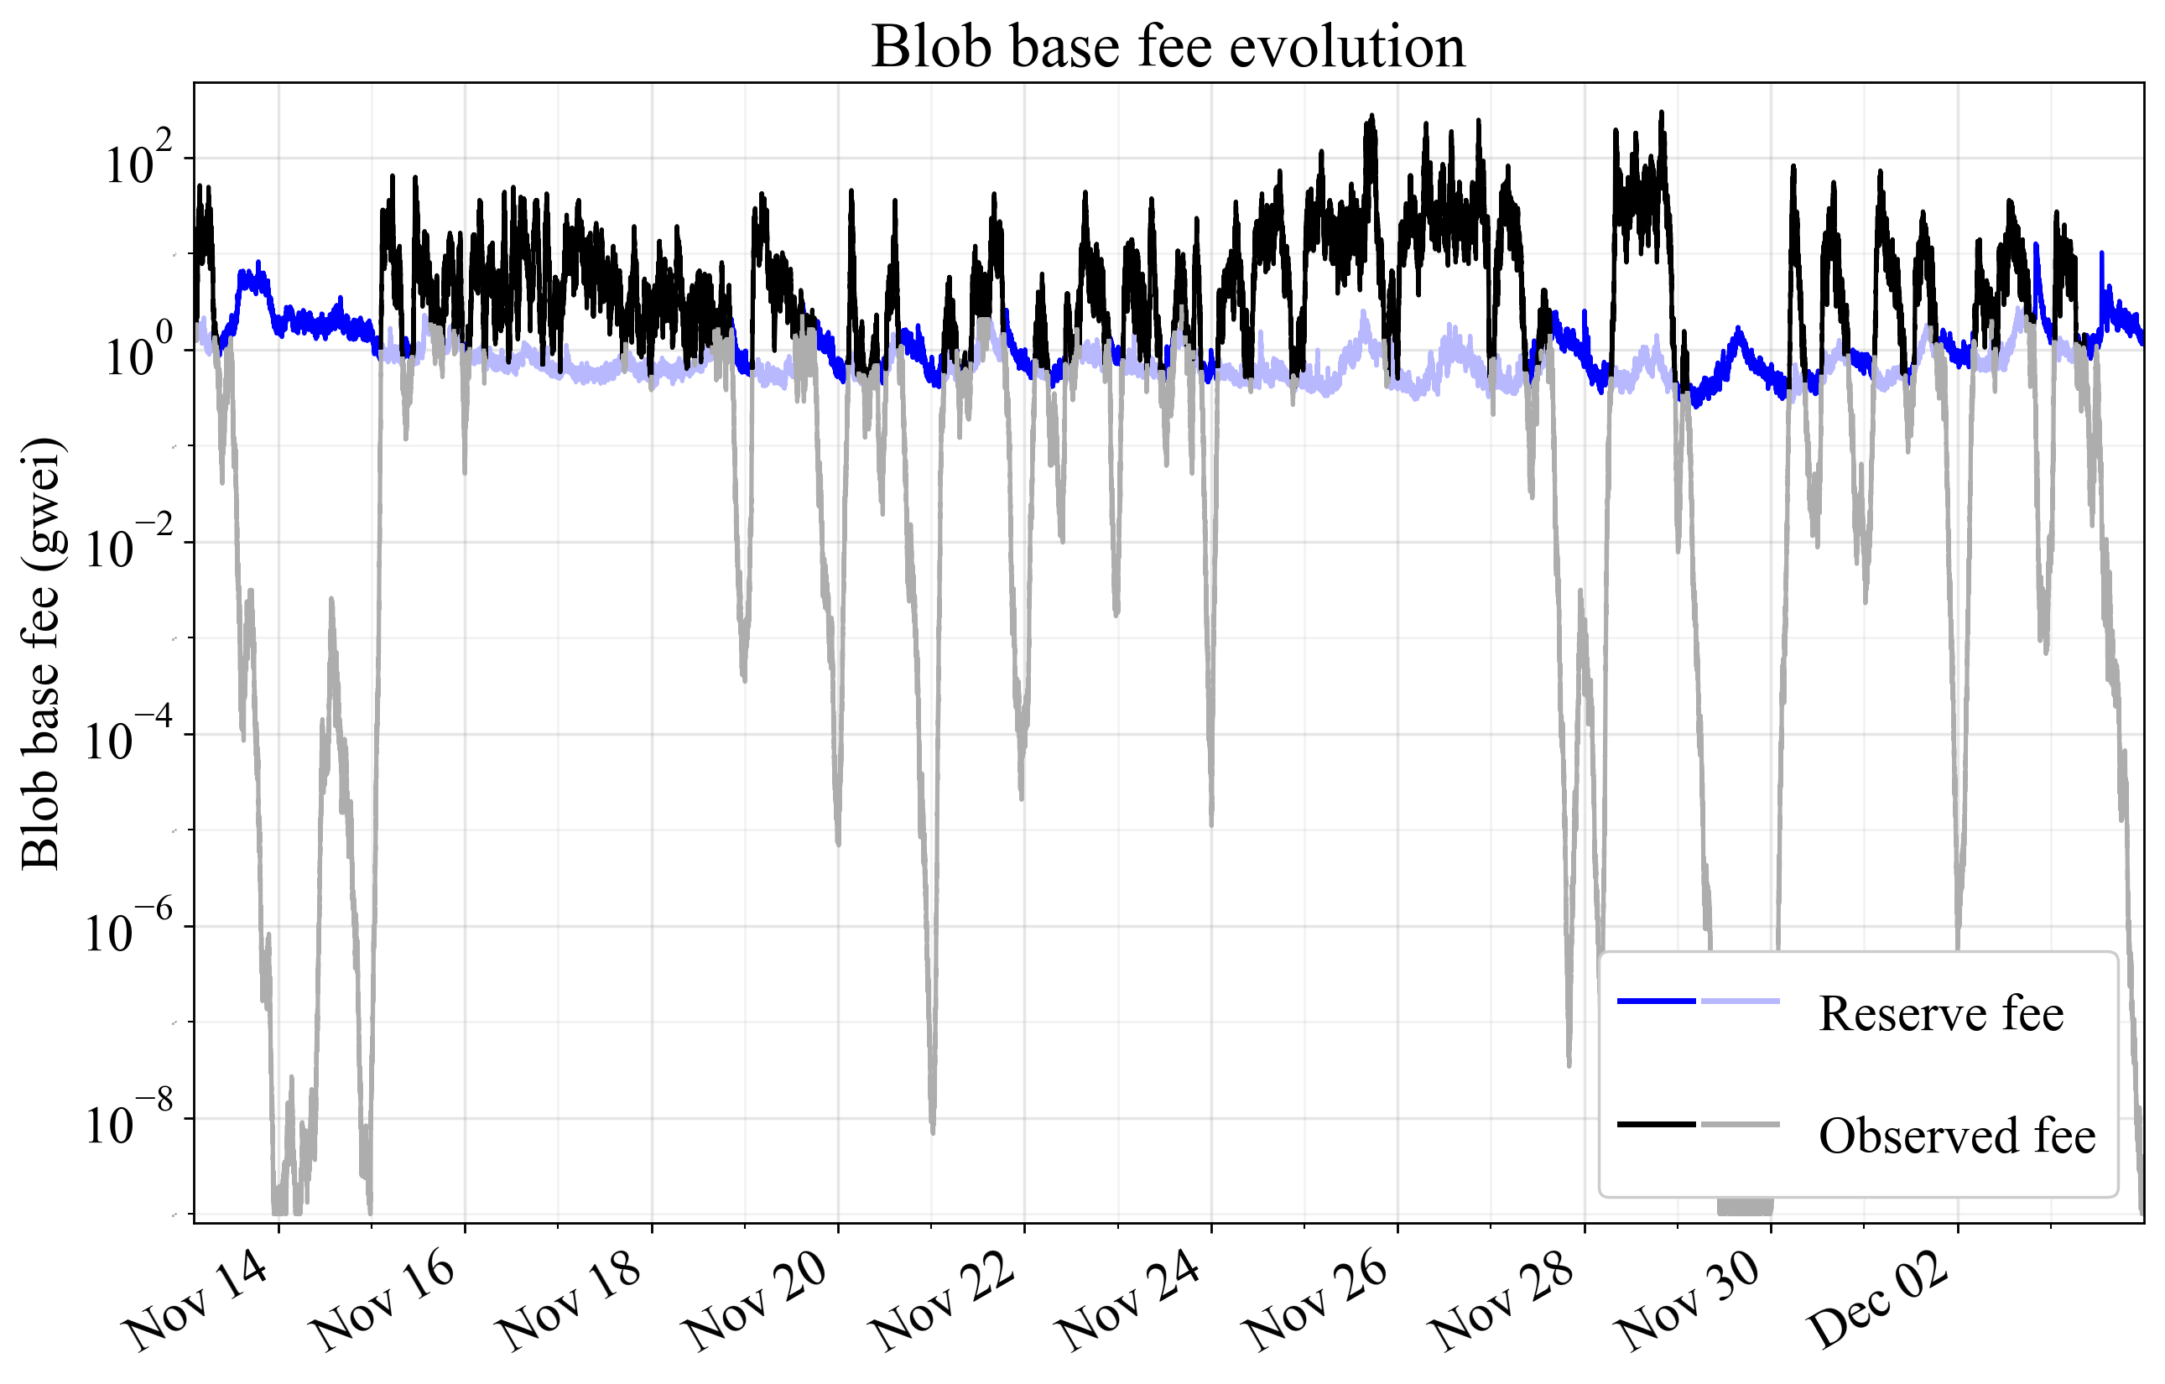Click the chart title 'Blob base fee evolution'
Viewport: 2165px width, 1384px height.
pyautogui.click(x=1168, y=47)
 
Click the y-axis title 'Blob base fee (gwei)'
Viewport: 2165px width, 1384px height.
pyautogui.click(x=40, y=653)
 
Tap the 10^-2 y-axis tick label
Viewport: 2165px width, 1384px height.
pyautogui.click(x=126, y=549)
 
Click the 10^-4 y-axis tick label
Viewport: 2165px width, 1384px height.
pyautogui.click(x=126, y=741)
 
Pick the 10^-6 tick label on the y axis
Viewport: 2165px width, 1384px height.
pyautogui.click(x=126, y=934)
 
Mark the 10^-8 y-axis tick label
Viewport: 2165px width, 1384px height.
pyautogui.click(x=126, y=1125)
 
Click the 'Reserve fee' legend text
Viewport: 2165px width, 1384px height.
pyautogui.click(x=1940, y=1014)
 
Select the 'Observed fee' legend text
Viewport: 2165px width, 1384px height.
pyautogui.click(x=1956, y=1136)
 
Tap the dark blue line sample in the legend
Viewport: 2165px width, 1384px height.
pyautogui.click(x=1656, y=1001)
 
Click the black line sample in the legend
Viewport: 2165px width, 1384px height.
pyautogui.click(x=1656, y=1124)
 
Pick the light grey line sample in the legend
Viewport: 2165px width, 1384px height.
pyautogui.click(x=1740, y=1124)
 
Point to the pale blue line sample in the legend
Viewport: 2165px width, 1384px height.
pyautogui.click(x=1740, y=1001)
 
